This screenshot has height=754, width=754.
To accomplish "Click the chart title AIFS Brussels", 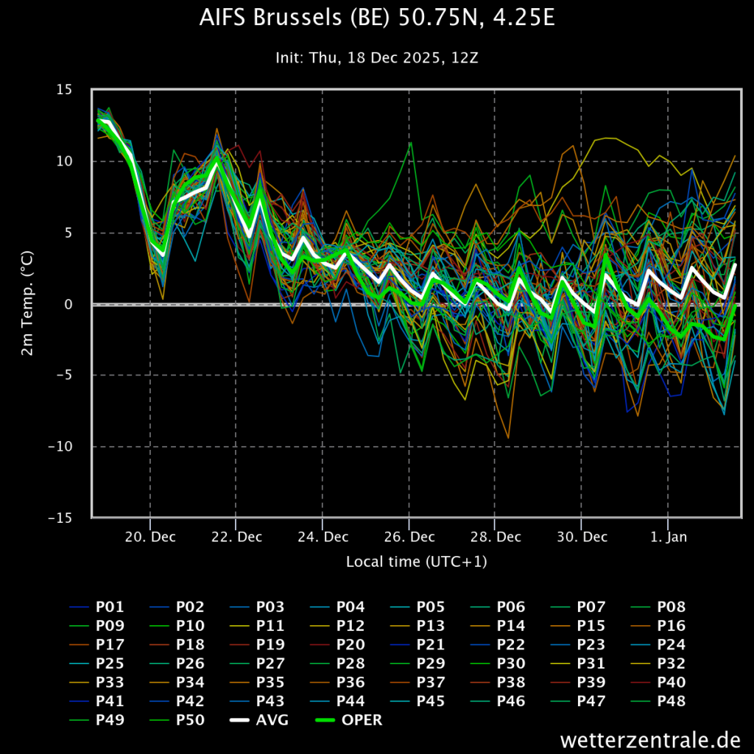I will (x=376, y=18).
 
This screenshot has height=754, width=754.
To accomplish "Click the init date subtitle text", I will (x=376, y=57).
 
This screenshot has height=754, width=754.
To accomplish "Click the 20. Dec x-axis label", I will (x=150, y=537).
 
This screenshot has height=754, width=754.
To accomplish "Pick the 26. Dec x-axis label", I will (x=409, y=537).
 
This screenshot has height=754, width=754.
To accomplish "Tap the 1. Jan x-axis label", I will (x=668, y=537).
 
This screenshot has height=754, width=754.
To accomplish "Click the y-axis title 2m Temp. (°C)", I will (x=27, y=303).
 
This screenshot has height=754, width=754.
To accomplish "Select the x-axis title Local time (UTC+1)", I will (x=416, y=562).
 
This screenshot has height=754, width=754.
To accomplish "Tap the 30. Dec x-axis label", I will (x=581, y=537).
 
